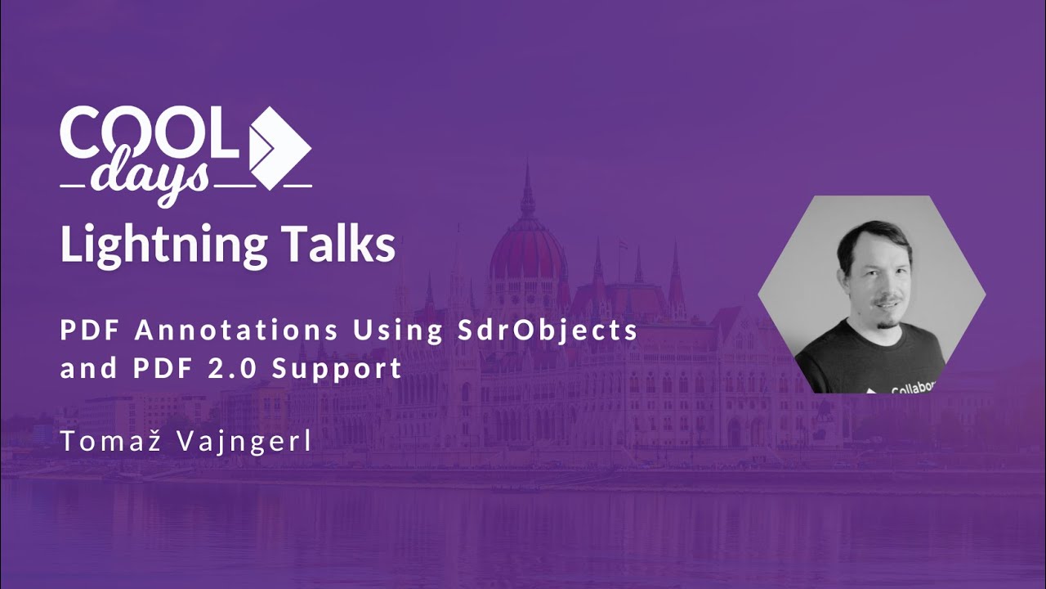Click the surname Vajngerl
click(251, 442)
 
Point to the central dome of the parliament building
click(527, 250)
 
